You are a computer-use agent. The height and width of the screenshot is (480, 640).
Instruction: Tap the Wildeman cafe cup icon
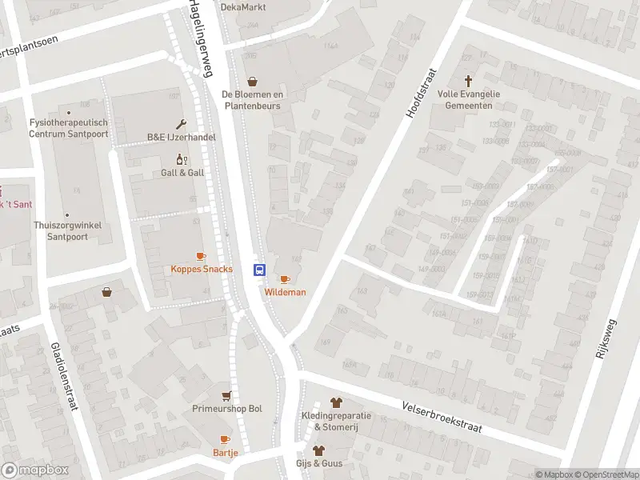284,279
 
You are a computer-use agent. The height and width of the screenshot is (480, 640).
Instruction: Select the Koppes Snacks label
202,269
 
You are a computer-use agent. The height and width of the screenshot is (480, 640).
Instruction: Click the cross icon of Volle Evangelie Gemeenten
469,81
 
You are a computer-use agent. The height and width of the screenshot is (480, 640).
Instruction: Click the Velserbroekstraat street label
442,416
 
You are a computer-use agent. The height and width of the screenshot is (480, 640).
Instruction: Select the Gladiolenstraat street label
62,376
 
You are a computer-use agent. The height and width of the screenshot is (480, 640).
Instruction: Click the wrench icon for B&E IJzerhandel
182,124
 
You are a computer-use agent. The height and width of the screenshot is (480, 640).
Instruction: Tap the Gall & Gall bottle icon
182,159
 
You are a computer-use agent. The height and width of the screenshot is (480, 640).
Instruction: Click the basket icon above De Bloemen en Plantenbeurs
253,81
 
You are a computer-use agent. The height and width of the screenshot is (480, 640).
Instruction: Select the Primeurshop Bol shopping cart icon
227,395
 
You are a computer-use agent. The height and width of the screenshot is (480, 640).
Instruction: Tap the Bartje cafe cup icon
225,439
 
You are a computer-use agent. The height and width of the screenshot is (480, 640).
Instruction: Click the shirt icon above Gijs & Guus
319,450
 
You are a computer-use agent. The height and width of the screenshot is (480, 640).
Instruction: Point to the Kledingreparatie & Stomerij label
336,421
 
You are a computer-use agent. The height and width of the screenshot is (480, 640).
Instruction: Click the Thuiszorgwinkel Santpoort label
67,230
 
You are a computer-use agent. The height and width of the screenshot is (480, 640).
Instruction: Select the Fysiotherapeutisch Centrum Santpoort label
68,127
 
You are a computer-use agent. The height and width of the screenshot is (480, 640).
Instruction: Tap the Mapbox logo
34,470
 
